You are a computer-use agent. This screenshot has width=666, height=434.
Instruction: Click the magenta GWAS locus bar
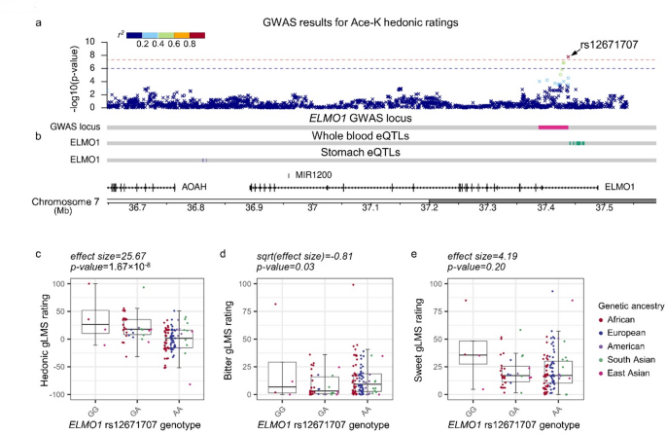pyautogui.click(x=553, y=127)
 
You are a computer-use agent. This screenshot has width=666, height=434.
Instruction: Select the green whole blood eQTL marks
pyautogui.click(x=577, y=143)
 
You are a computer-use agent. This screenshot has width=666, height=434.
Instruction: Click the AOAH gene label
pyautogui.click(x=194, y=184)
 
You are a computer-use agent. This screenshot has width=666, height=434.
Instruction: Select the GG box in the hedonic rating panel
pyautogui.click(x=95, y=322)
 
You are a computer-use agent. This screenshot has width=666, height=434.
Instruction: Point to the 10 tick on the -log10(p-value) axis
pyautogui.click(x=90, y=43)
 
